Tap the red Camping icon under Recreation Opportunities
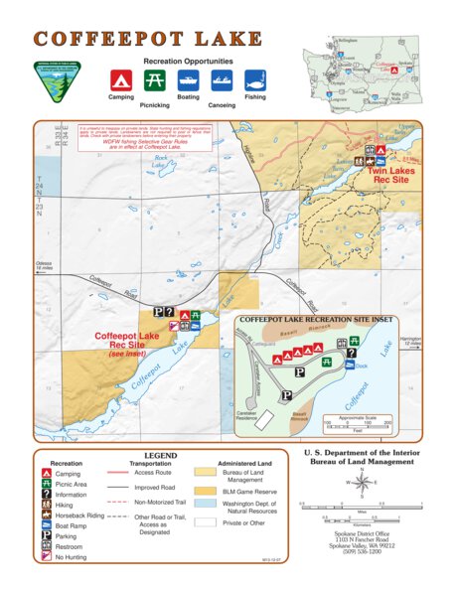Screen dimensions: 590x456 [120, 80]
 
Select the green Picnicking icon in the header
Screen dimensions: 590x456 [153, 80]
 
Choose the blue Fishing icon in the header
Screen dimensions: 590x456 [254, 80]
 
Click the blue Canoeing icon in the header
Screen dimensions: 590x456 [221, 80]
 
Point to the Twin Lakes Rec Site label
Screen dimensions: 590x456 [389, 175]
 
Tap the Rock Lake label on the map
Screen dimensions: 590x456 [161, 160]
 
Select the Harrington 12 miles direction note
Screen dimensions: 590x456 [410, 342]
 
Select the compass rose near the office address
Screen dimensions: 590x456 [360, 482]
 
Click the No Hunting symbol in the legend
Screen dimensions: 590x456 [47, 557]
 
